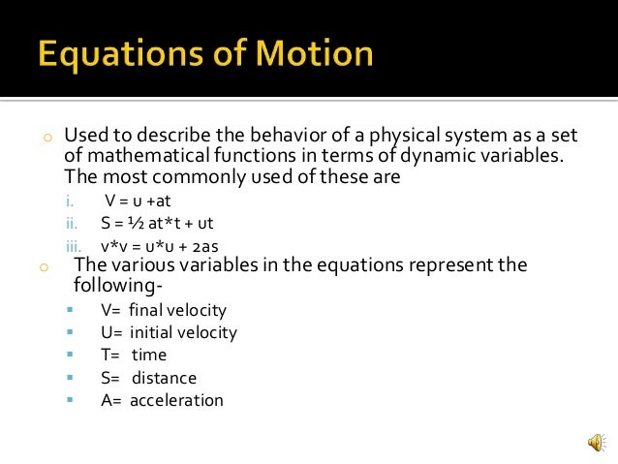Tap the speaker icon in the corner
click(x=595, y=443)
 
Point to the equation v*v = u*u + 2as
click(x=170, y=246)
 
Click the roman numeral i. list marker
click(x=70, y=201)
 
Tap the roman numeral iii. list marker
click(x=72, y=246)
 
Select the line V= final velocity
click(x=163, y=310)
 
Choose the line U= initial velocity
click(x=169, y=332)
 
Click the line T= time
click(x=134, y=355)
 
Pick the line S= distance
click(x=148, y=377)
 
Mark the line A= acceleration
click(x=162, y=399)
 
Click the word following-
click(x=113, y=284)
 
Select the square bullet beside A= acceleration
click(x=71, y=399)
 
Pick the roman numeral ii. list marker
click(x=71, y=224)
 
